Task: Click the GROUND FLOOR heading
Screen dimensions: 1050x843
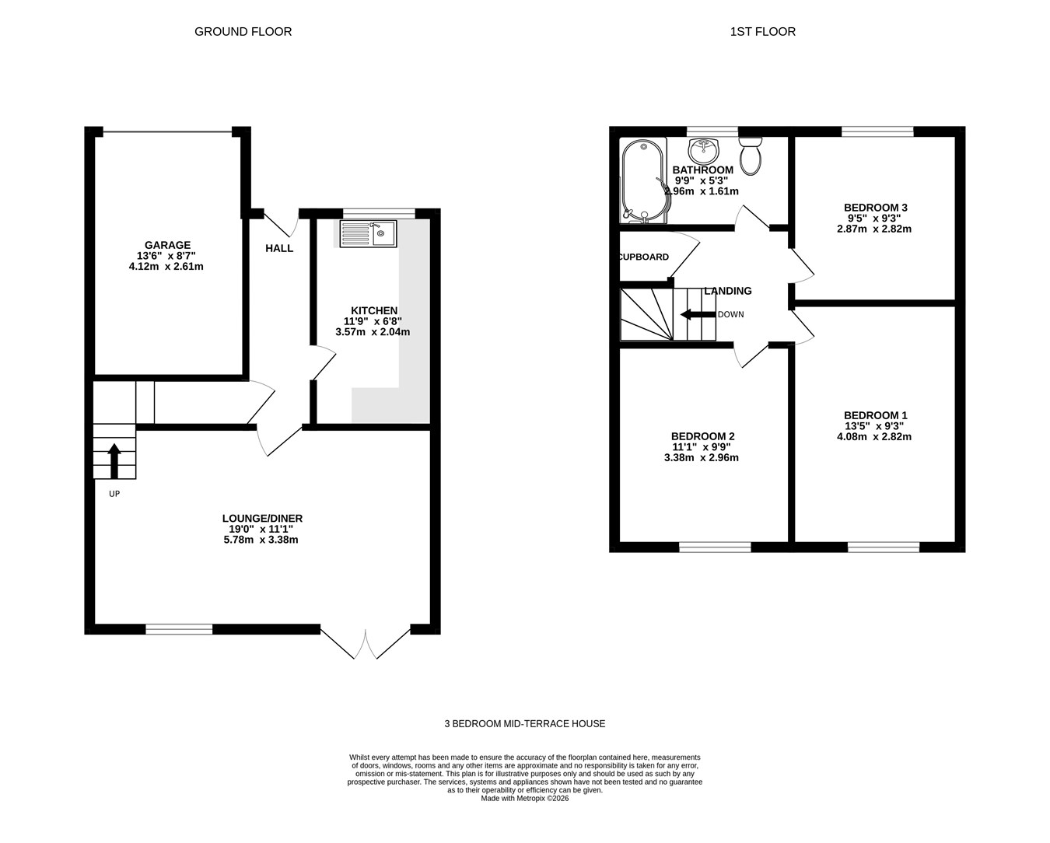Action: [x=243, y=32]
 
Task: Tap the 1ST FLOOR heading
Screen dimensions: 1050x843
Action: [x=763, y=32]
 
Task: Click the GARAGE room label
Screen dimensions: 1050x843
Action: [x=167, y=245]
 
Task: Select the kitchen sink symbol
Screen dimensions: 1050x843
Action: [x=369, y=233]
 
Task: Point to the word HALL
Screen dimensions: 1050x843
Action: [x=279, y=248]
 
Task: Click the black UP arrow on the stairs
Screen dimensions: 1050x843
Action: [x=114, y=461]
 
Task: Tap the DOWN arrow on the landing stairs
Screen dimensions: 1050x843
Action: [x=698, y=314]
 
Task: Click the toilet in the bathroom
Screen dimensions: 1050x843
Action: [x=751, y=156]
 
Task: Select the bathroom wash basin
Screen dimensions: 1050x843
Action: [x=703, y=151]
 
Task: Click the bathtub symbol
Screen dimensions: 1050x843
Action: [x=643, y=180]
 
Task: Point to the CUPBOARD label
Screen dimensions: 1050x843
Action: [x=644, y=257]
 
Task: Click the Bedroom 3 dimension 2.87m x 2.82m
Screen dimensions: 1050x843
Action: [x=874, y=229]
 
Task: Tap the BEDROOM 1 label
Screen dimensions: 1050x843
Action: [x=875, y=415]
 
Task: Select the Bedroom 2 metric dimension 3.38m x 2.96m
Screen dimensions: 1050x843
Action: [x=701, y=457]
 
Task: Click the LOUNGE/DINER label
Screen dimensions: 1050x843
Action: [x=263, y=518]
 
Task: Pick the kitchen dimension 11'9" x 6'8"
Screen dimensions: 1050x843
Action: [x=373, y=321]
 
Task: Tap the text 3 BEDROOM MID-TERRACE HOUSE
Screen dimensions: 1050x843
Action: [x=524, y=724]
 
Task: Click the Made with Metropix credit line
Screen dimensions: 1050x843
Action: [x=524, y=798]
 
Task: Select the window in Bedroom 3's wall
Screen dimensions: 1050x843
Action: [x=877, y=131]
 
